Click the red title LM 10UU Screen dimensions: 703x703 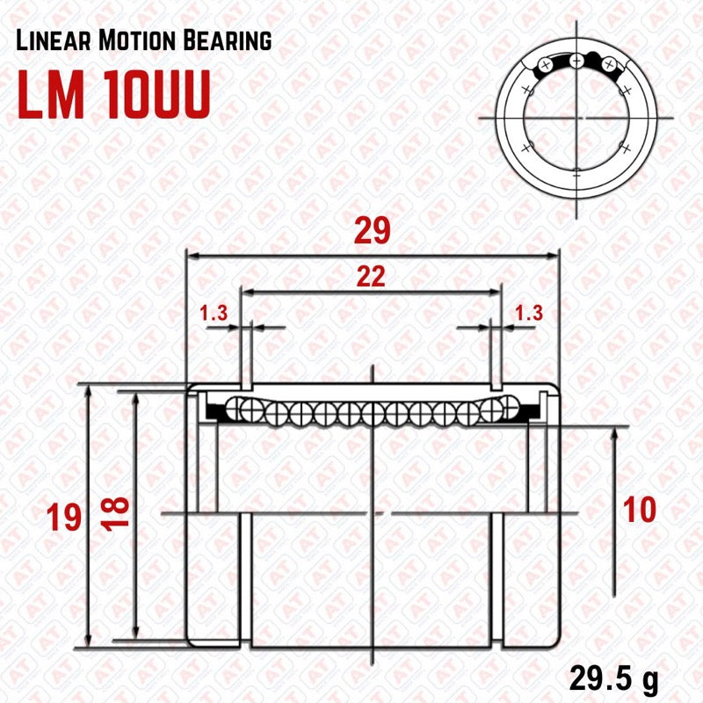(x=114, y=97)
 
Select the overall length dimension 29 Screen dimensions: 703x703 (x=373, y=233)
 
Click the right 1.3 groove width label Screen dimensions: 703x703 (x=528, y=312)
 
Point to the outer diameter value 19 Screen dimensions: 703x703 (x=67, y=517)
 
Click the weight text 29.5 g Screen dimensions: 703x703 (x=613, y=680)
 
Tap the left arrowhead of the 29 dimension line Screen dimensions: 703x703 (x=191, y=257)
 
